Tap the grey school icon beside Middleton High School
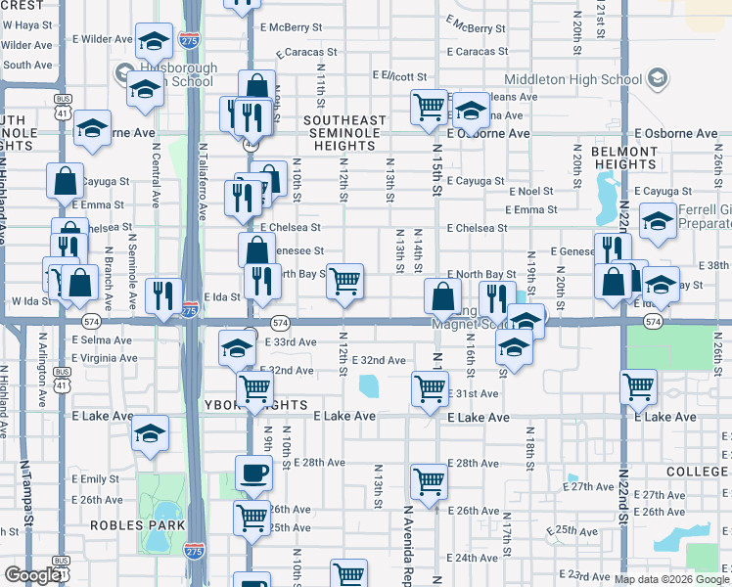pos(658,77)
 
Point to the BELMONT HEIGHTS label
pos(624,158)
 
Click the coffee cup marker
pos(254,474)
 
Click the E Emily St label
pos(96,479)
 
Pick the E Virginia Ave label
pos(105,358)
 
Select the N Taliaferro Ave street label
pos(203,176)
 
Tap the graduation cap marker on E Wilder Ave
pos(153,41)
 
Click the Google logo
pos(31,575)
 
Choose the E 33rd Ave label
pos(291,342)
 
